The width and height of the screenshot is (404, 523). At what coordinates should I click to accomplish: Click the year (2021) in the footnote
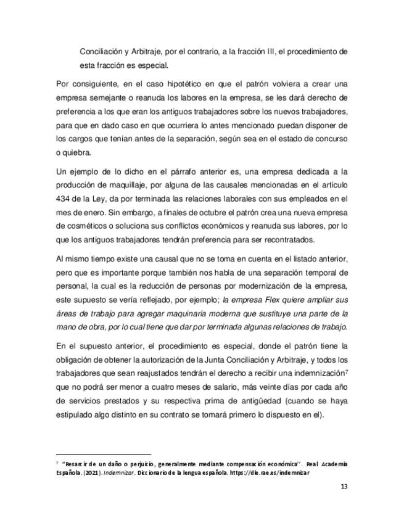pos(89,474)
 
